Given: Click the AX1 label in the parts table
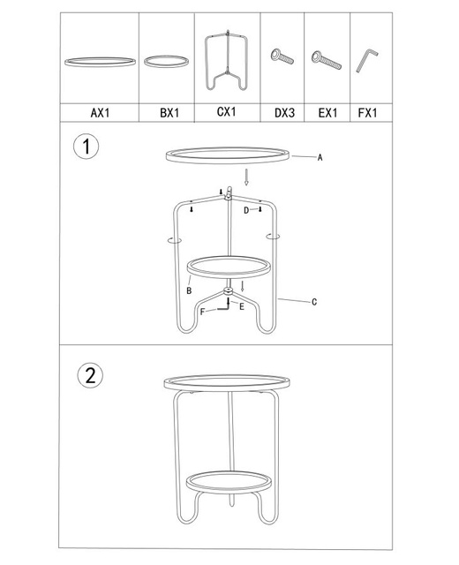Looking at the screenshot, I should [x=99, y=113].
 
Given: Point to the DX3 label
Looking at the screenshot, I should [x=283, y=113].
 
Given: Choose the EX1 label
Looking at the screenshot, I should [x=328, y=113].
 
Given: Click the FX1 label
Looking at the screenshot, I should [x=367, y=113].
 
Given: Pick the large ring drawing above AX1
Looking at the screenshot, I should [x=99, y=62].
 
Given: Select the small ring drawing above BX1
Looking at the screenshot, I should [x=166, y=61].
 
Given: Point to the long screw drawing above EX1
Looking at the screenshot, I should [x=327, y=61].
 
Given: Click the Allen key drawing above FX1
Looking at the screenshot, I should [x=366, y=60].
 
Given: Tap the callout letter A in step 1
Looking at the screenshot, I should [x=320, y=158].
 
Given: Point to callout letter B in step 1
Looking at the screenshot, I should [x=189, y=290].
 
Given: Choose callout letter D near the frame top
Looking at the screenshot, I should [x=247, y=211].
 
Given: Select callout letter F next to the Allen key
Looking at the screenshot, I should [x=202, y=312].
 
